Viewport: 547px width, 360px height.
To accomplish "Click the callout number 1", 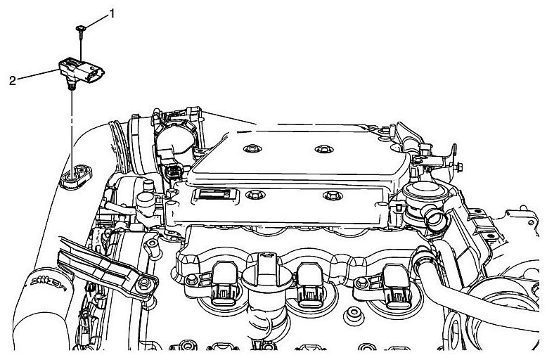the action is point(110,13).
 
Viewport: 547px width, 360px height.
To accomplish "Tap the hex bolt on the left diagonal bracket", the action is point(146,285).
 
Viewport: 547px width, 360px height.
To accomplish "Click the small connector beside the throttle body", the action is point(170,174).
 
